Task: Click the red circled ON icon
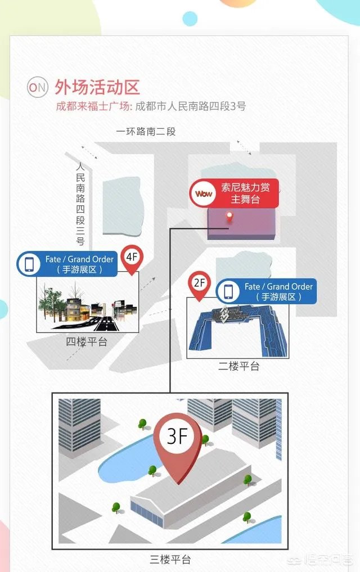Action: tap(38, 87)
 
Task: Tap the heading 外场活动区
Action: tap(97, 87)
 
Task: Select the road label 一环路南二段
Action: tap(146, 132)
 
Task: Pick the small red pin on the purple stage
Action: tap(229, 217)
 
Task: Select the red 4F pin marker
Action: tap(132, 259)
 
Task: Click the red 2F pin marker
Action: tap(199, 283)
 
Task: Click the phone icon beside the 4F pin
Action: tap(28, 264)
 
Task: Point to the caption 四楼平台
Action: tap(87, 341)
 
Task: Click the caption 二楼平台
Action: tap(239, 366)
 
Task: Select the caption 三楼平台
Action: tap(170, 560)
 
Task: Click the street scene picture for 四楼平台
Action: tap(87, 307)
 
